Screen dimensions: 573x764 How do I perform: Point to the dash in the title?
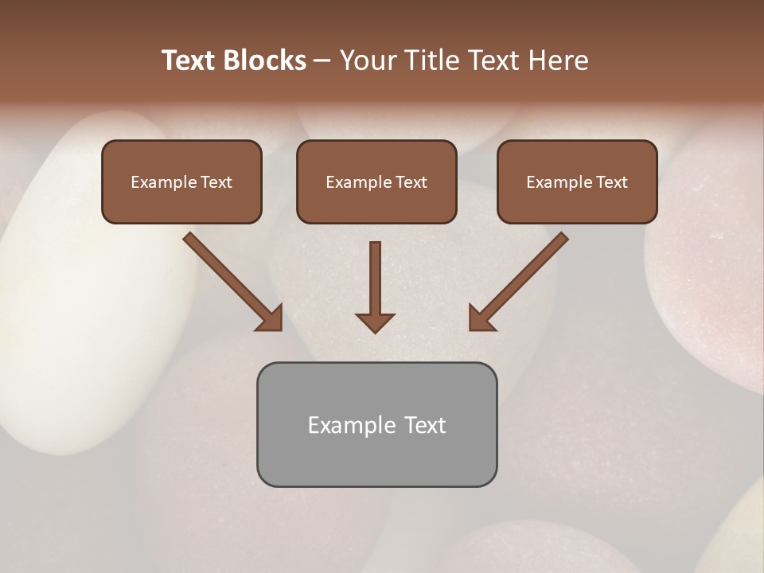322,61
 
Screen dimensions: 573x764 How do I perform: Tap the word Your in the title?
368,60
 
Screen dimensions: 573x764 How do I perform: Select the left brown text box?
181,182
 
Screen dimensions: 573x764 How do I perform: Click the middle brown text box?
376,182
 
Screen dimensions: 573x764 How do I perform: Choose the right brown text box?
577,182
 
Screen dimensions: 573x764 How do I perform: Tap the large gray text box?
376,424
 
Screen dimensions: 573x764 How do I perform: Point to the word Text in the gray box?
424,425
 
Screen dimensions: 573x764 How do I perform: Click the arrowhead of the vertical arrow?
375,322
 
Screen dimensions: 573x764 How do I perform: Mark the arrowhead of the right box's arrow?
481,318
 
